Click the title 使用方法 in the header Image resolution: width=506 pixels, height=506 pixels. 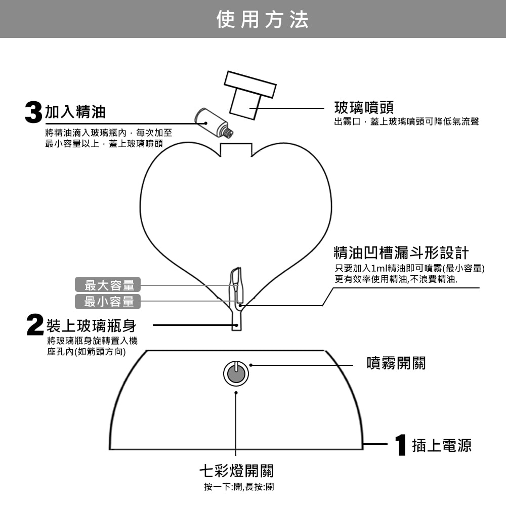[x=262, y=19]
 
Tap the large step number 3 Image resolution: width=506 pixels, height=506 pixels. [x=33, y=111]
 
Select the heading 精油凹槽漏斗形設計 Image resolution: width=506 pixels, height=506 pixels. [x=401, y=252]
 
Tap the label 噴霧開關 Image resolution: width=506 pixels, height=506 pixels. [x=396, y=363]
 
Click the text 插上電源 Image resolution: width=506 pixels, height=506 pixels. [x=441, y=445]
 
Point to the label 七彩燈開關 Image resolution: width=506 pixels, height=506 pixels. [x=236, y=471]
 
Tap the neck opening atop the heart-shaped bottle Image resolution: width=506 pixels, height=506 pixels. [x=236, y=150]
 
